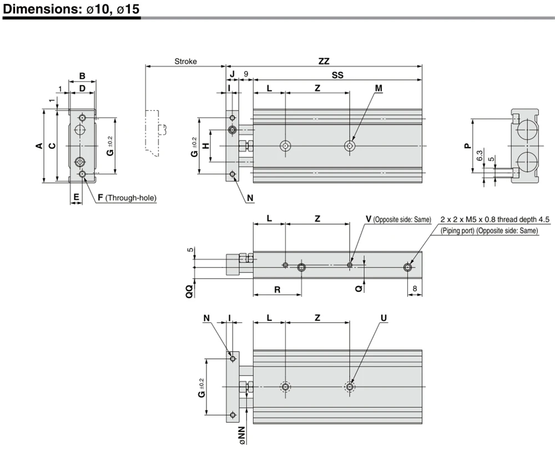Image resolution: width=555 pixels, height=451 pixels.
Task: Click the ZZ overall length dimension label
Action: [324, 61]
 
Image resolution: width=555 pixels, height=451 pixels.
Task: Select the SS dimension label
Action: [337, 75]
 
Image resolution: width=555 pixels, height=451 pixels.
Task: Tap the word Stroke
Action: [185, 61]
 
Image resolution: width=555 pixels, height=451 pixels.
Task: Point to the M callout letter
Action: [379, 88]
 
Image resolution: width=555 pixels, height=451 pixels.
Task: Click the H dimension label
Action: [206, 146]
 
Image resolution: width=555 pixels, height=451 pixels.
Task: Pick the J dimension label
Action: [232, 74]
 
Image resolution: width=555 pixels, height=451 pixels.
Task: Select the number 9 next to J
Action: [246, 74]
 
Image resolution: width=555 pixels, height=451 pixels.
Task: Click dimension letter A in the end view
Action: [39, 145]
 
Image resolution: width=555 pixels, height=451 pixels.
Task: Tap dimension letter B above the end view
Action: [82, 75]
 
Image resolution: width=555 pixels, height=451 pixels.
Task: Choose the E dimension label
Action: [76, 197]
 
